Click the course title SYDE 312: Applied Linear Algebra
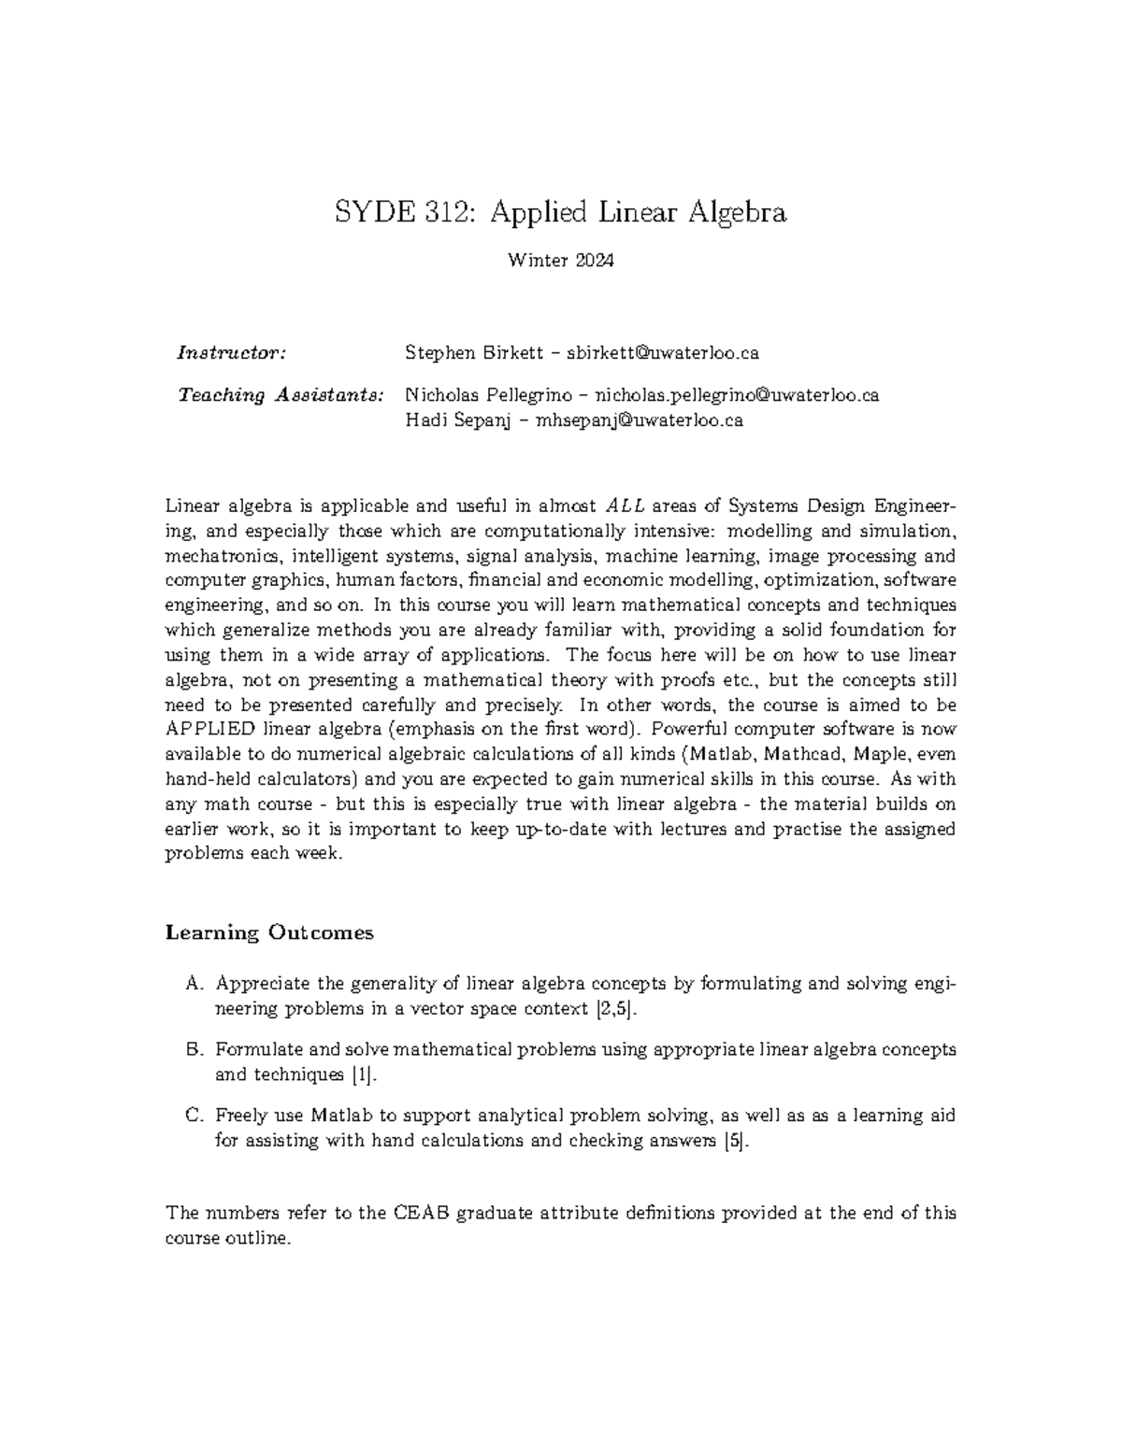click(x=561, y=213)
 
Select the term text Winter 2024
click(x=561, y=261)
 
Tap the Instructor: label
click(x=231, y=353)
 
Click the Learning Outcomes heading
click(x=269, y=932)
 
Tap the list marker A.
click(x=194, y=984)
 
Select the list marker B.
click(x=194, y=1049)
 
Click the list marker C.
click(x=194, y=1116)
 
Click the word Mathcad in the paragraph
click(x=802, y=754)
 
